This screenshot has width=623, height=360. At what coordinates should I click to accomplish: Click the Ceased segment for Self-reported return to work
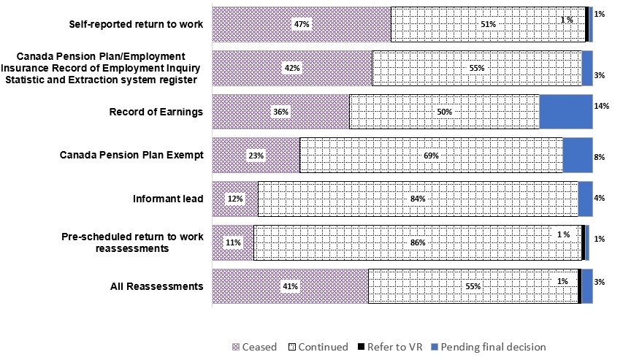[301, 24]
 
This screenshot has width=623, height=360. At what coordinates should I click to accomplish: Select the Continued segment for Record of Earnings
[444, 112]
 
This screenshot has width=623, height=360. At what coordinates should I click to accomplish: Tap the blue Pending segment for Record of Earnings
[565, 112]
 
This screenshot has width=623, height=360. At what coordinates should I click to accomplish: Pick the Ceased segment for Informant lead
[234, 199]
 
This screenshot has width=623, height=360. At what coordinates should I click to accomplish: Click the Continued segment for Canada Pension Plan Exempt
[431, 156]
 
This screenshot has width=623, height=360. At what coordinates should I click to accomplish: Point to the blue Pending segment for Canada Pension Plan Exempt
[577, 156]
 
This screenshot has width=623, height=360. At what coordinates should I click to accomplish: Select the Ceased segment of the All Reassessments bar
[290, 286]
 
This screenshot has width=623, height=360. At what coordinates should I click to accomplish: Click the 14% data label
[601, 107]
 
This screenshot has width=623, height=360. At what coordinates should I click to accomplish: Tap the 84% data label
[418, 199]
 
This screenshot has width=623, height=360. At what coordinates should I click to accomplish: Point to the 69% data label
[431, 156]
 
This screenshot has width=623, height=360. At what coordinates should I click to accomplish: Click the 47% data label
[302, 24]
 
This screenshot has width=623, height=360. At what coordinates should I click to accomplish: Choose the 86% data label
[418, 242]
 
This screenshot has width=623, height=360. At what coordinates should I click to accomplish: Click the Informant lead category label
[167, 199]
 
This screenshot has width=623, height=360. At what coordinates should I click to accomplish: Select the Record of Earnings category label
[156, 112]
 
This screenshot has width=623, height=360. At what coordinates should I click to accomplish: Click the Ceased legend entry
[255, 347]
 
